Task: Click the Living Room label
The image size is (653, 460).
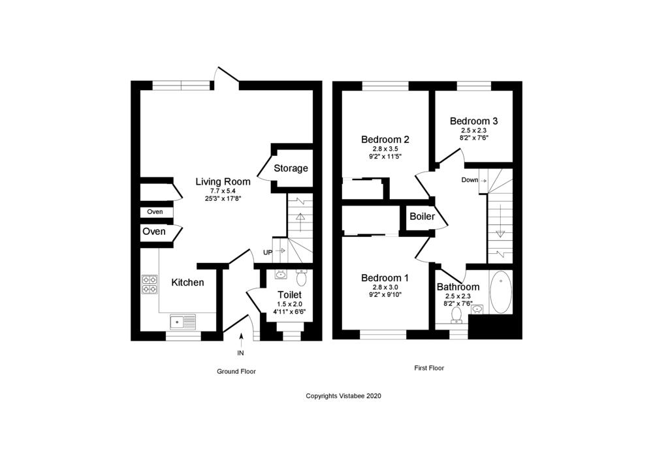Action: point(223,181)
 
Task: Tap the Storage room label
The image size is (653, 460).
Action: point(291,168)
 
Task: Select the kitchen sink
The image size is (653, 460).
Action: point(183,322)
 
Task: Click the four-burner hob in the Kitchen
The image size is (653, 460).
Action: point(150,284)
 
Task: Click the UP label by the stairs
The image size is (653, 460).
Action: point(268,253)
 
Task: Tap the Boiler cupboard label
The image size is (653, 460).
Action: point(422,217)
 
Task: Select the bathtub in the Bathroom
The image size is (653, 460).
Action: point(501,292)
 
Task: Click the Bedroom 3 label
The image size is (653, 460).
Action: point(473,121)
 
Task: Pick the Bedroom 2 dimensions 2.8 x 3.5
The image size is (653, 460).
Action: point(385,149)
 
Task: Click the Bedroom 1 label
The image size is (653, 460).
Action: point(385,278)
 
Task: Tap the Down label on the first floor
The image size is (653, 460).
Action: point(470,180)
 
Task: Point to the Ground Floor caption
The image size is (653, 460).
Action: point(236,371)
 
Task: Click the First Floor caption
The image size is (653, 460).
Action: point(429,368)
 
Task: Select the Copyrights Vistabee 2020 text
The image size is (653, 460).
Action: point(343,396)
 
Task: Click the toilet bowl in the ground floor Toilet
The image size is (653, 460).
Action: point(301,277)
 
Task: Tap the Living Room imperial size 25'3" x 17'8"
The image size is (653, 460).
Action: point(223,198)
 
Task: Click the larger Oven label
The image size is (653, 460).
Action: point(153,232)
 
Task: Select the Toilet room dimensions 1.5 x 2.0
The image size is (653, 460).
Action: point(289,304)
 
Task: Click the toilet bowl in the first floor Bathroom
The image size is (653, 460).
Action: point(457,315)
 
